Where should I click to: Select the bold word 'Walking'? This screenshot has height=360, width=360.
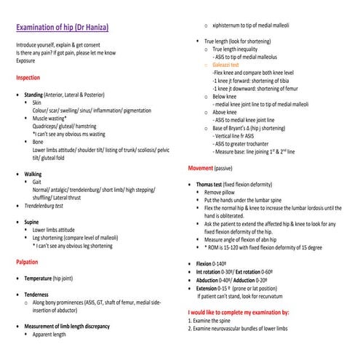33,175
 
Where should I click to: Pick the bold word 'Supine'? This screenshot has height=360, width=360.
32,222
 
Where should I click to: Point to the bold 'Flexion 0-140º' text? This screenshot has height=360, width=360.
218,263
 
